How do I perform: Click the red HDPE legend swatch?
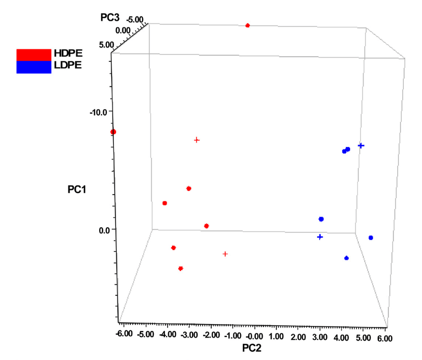pos(34,55)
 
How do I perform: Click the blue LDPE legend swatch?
pos(34,67)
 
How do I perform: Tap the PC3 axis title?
pos(110,18)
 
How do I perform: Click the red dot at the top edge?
pos(248,25)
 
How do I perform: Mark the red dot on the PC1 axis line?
pos(114,132)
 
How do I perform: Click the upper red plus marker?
pos(196,140)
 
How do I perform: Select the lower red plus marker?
pos(225,254)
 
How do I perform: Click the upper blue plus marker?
pos(361,145)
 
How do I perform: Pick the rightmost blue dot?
pos(371,238)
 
